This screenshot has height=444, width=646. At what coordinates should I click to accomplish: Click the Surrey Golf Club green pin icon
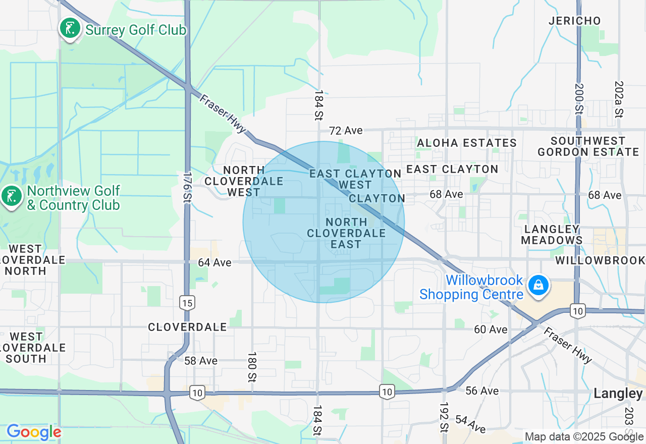70,28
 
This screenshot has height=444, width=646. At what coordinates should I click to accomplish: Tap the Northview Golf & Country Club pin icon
11,196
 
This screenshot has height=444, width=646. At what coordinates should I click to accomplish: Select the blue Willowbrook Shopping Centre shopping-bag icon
539,286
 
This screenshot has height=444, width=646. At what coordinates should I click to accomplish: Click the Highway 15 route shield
187,303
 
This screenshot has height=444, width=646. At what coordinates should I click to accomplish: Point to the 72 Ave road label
346,131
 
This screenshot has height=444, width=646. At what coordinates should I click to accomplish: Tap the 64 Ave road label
214,262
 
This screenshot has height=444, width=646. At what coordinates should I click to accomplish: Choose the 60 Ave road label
491,329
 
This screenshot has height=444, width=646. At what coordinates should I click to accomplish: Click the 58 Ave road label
201,361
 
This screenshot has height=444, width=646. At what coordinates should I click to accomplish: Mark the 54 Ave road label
470,424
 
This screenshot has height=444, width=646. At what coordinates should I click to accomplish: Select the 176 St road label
187,187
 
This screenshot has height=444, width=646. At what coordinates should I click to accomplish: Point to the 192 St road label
444,417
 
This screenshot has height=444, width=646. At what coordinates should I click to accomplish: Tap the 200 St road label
579,99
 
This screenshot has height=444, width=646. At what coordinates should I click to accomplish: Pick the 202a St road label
619,99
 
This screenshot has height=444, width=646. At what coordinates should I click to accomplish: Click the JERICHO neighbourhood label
575,21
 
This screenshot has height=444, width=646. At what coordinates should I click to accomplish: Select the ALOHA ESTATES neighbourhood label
467,143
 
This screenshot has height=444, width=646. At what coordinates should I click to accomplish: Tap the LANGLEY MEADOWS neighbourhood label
552,235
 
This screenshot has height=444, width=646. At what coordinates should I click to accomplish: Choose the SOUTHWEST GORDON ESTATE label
588,146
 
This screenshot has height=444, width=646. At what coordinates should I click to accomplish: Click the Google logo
34,432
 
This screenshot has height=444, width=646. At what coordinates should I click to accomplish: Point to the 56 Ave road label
482,391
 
